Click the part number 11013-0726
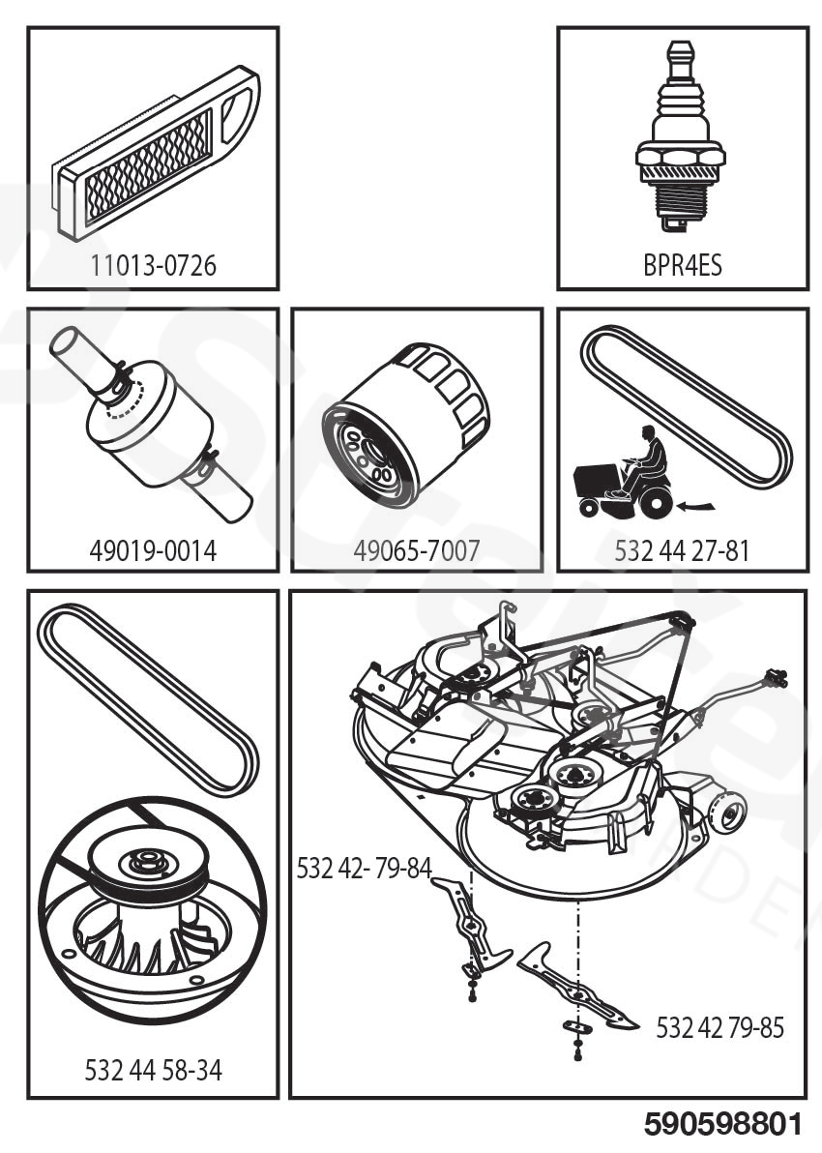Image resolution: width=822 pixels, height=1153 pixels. click(x=153, y=265)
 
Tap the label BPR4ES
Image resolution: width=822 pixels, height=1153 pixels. click(x=682, y=265)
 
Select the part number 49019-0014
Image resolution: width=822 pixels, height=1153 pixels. click(x=153, y=551)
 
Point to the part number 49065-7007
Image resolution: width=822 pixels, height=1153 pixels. click(x=416, y=551)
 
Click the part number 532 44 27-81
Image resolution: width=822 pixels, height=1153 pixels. click(x=682, y=551)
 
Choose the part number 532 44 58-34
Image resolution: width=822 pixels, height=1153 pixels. click(x=153, y=1071)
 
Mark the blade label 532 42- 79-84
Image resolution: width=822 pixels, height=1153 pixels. click(x=364, y=868)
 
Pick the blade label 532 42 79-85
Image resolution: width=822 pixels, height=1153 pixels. click(x=719, y=1027)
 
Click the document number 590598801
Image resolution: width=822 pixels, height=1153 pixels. click(x=723, y=1125)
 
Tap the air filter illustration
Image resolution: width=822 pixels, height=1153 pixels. click(x=155, y=155)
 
